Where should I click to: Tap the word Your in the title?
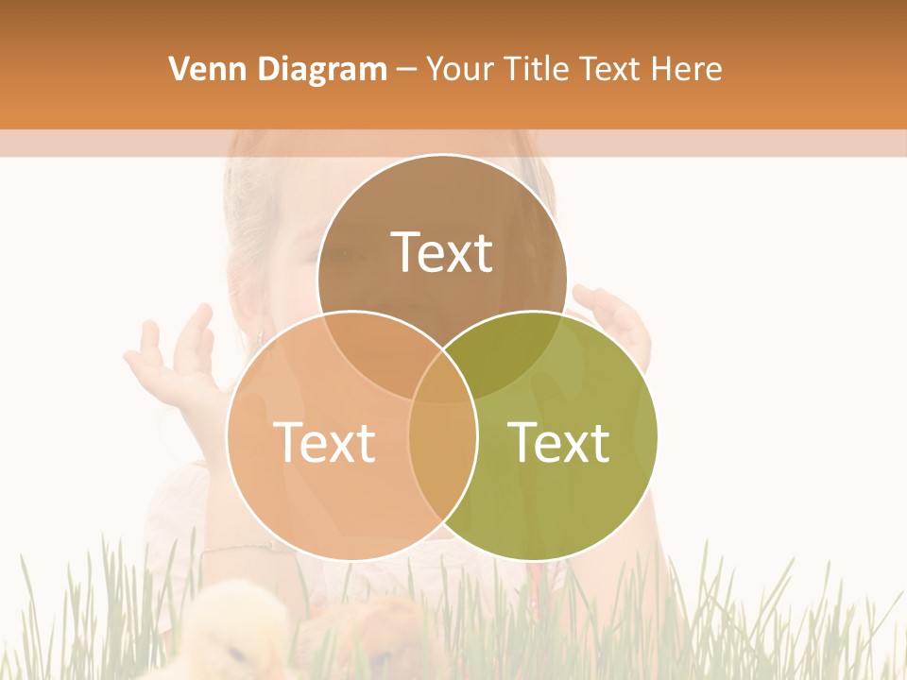click(462, 69)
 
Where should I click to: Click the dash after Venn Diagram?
click(406, 69)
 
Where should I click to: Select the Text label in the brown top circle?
click(442, 252)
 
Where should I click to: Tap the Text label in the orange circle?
click(324, 441)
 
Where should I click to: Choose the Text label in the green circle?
click(558, 441)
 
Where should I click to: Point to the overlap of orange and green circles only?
click(442, 472)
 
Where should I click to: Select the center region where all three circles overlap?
click(442, 382)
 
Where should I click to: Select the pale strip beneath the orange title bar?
click(453, 143)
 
